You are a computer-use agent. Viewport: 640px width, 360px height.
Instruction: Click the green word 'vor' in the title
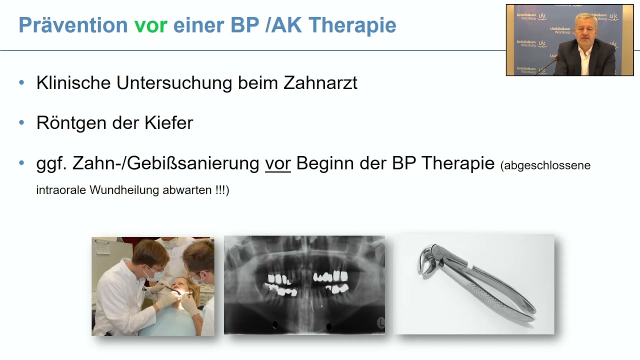pyautogui.click(x=150, y=25)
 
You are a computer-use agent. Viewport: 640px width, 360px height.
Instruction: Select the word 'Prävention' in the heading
pyautogui.click(x=73, y=25)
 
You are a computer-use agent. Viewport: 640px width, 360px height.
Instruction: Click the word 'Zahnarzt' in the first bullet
pyautogui.click(x=320, y=82)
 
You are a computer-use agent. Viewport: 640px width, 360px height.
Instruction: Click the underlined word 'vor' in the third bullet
pyautogui.click(x=277, y=163)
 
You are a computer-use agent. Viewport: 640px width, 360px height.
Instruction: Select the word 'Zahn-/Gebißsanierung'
pyautogui.click(x=165, y=163)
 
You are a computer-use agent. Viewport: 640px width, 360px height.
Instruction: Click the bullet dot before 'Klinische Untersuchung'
pyautogui.click(x=21, y=82)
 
